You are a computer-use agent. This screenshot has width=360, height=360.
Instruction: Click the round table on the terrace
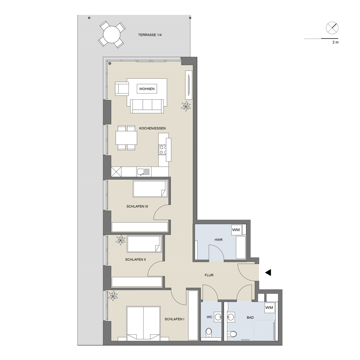(112, 35)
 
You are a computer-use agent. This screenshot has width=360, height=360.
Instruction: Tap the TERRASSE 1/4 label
(150, 35)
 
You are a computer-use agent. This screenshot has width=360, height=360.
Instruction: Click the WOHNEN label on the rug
(147, 89)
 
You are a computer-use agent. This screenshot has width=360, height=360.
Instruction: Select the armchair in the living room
(122, 88)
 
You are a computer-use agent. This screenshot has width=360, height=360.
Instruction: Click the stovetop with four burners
(163, 150)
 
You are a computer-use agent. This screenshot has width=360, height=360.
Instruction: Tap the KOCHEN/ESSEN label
(152, 129)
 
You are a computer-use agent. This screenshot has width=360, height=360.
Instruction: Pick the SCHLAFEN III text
(137, 206)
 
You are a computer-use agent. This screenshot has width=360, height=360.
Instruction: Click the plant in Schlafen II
(121, 240)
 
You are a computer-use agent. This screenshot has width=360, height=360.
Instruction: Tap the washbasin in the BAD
(231, 317)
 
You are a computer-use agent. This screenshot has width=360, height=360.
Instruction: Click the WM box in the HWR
(236, 230)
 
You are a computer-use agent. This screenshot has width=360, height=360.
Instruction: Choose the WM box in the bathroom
(269, 307)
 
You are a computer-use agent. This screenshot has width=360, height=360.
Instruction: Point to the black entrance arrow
(268, 273)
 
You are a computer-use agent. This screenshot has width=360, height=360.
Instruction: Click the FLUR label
(209, 275)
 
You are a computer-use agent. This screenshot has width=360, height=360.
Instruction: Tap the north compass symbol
(332, 28)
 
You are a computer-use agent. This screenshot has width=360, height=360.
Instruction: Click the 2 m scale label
(336, 42)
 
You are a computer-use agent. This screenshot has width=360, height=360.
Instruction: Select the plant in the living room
(186, 106)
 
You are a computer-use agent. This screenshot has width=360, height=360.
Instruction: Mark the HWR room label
(219, 240)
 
